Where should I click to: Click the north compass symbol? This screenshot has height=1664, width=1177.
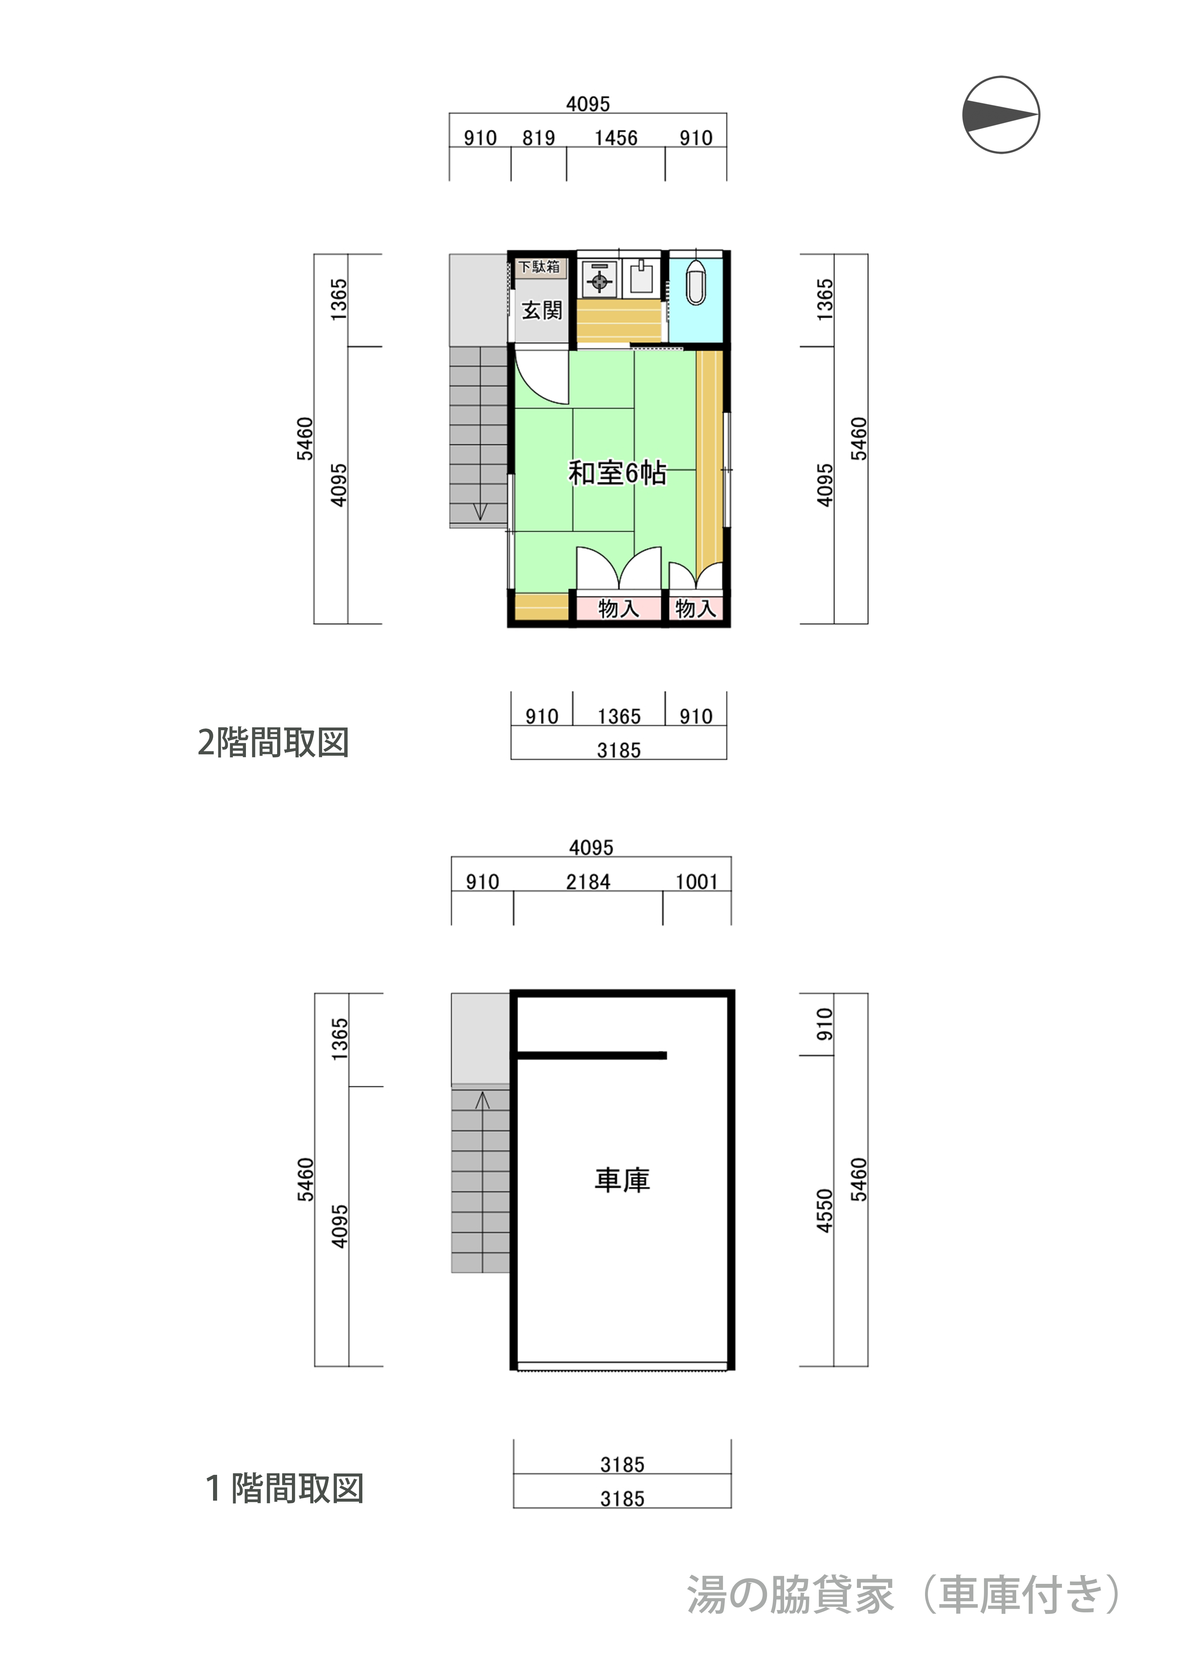(1001, 114)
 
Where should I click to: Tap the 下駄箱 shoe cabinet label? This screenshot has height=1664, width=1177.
(540, 267)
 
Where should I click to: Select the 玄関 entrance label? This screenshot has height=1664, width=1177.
(542, 311)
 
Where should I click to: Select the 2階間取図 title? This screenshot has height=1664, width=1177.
(273, 742)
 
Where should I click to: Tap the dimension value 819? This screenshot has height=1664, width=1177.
(539, 138)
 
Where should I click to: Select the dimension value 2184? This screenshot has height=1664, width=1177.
(588, 882)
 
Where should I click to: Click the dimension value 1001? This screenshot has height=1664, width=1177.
(697, 882)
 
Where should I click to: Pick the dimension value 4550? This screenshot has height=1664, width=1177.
(825, 1210)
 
